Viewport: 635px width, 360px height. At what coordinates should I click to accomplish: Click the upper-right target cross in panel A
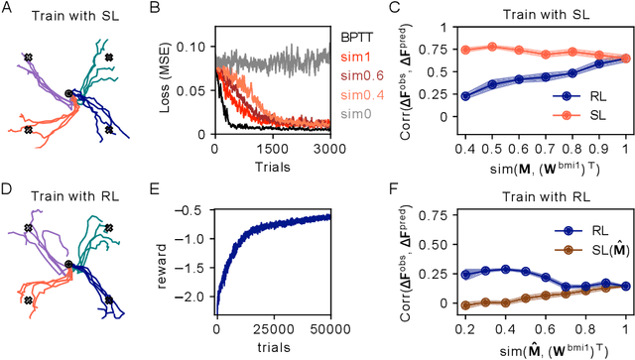tap(109, 59)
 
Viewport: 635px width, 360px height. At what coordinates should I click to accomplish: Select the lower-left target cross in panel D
tap(28, 300)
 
